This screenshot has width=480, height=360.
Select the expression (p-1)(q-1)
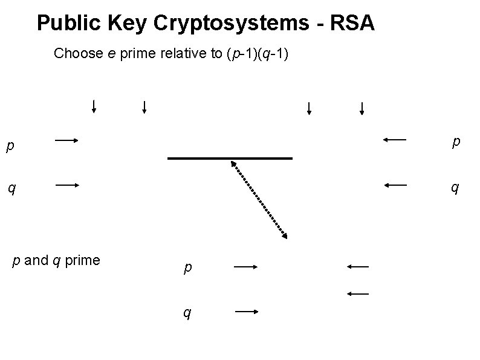[258, 53]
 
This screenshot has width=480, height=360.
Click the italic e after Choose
[112, 54]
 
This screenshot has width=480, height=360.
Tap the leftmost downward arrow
[94, 106]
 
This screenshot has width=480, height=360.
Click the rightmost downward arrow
[362, 109]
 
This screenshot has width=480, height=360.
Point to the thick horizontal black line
[230, 159]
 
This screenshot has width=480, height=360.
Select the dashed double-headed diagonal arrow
[258, 199]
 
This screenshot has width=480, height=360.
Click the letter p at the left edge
[9, 146]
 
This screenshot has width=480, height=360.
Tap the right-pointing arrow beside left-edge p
[67, 141]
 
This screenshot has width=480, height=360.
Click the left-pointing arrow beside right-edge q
[395, 185]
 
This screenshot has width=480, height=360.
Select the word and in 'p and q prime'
[37, 261]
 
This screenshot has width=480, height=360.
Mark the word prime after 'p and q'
[82, 261]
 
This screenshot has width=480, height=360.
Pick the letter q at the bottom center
[188, 313]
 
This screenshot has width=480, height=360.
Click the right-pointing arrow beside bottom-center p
[246, 266]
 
